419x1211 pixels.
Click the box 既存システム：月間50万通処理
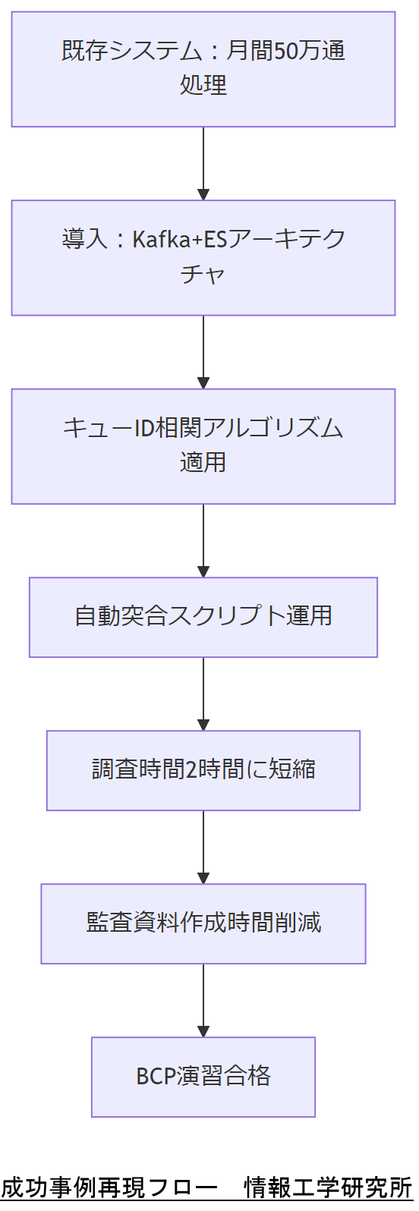tap(203, 69)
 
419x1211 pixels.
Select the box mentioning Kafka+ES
tap(203, 257)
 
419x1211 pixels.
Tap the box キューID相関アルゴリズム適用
tap(203, 446)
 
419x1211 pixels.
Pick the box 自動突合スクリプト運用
tap(203, 617)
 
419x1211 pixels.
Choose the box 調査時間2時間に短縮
tap(203, 770)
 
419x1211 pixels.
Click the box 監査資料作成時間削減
tap(203, 923)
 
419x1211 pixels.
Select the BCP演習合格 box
tap(203, 1077)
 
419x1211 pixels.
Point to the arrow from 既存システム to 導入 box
tap(203, 163)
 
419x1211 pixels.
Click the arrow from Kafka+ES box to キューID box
tap(203, 352)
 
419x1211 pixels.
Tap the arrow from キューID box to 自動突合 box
tap(203, 540)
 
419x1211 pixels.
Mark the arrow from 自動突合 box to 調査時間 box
tap(203, 694)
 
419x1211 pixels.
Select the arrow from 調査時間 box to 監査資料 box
tap(203, 847)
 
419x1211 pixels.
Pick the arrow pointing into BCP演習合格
tap(203, 1000)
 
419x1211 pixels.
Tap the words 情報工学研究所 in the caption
tap(327, 1187)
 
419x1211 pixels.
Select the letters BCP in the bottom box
tap(156, 1077)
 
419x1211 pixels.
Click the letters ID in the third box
tap(144, 428)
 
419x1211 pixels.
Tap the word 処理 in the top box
tap(203, 85)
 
